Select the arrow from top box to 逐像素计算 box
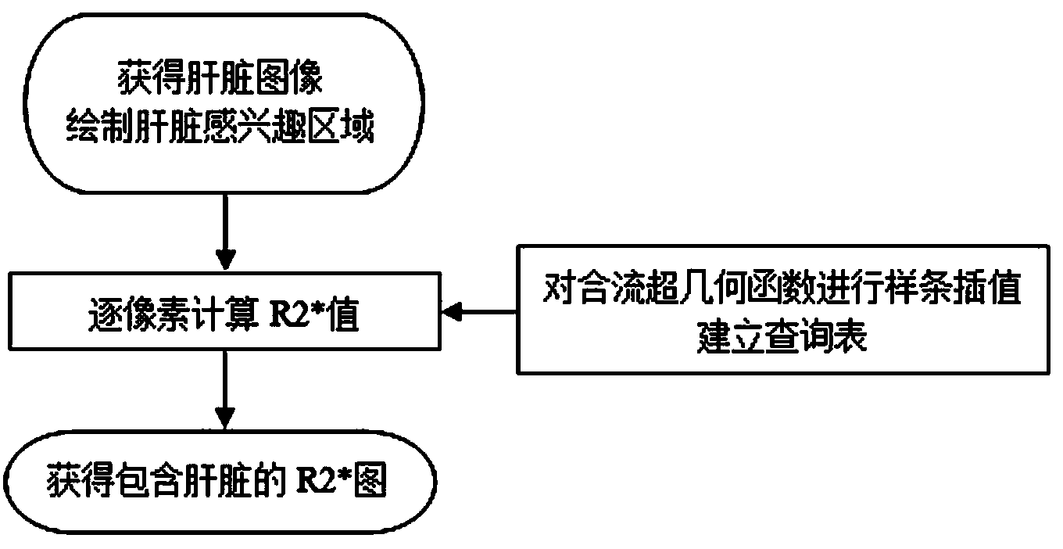pos(224,231)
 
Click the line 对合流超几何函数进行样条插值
pos(781,295)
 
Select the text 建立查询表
pos(781,338)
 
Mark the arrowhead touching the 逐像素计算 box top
pos(224,260)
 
